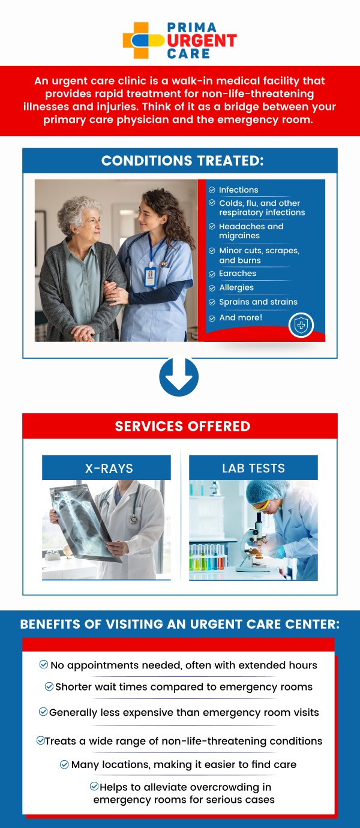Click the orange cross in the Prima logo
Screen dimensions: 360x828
(x=136, y=40)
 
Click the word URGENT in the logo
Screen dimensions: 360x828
(x=202, y=41)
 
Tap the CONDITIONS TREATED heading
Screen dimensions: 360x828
(x=182, y=161)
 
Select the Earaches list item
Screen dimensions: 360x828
(x=237, y=274)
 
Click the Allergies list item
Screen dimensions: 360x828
(x=236, y=287)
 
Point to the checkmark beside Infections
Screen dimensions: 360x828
(x=212, y=190)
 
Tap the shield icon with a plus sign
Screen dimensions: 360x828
(x=301, y=325)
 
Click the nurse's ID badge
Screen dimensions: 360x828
(x=151, y=276)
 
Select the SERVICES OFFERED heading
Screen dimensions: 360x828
(x=182, y=426)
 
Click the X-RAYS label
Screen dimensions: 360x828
(x=109, y=469)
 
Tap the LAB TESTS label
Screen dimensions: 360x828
(x=254, y=469)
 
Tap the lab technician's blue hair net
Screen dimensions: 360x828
(x=267, y=491)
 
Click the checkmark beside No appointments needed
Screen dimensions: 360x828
(x=43, y=664)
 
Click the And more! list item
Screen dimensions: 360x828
(x=241, y=317)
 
